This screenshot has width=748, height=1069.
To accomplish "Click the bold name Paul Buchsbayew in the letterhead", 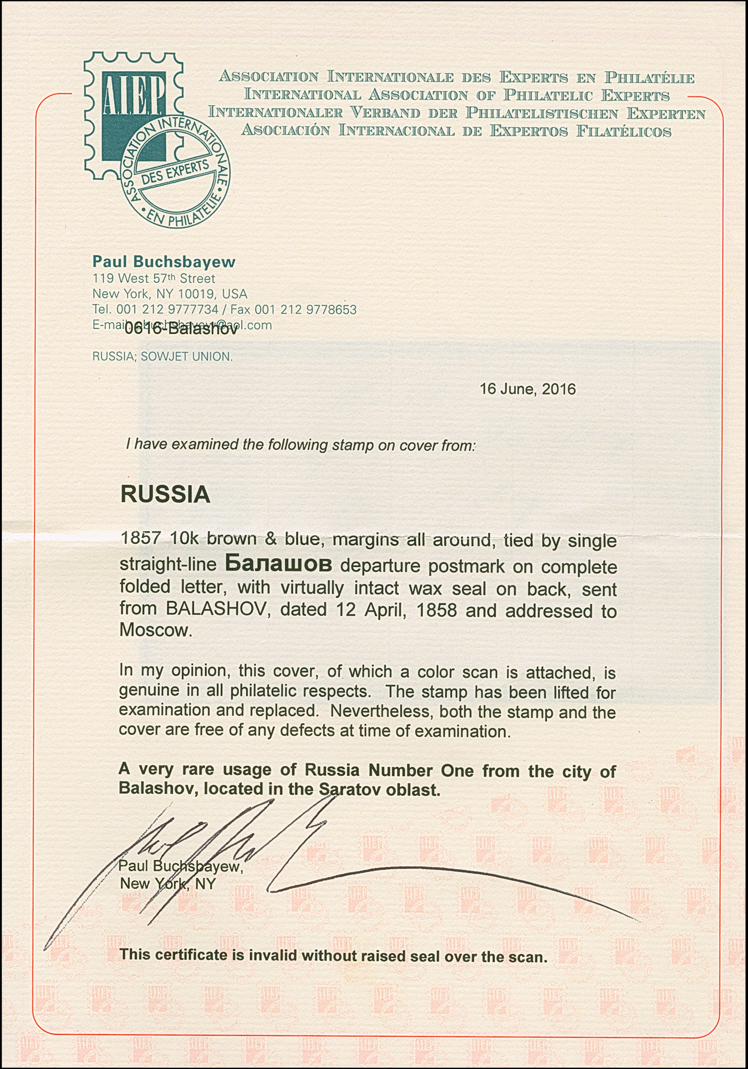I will pos(164,262).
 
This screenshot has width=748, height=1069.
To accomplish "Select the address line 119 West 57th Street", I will pos(154,279).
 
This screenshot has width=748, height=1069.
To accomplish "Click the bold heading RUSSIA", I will pos(165,495).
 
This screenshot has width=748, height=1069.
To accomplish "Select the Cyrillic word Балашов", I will pos(278,565).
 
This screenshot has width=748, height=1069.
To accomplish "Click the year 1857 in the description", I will pos(141,539).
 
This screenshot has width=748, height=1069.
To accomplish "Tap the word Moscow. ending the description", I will pos(155,630).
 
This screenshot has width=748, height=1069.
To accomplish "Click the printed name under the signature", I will pos(181,866).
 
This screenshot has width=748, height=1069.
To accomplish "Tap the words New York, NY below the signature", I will pos(168,883).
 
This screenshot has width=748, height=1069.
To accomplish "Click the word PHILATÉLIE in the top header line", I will pos(649,77).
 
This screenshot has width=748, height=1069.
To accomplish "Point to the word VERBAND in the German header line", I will pos(385,113).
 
